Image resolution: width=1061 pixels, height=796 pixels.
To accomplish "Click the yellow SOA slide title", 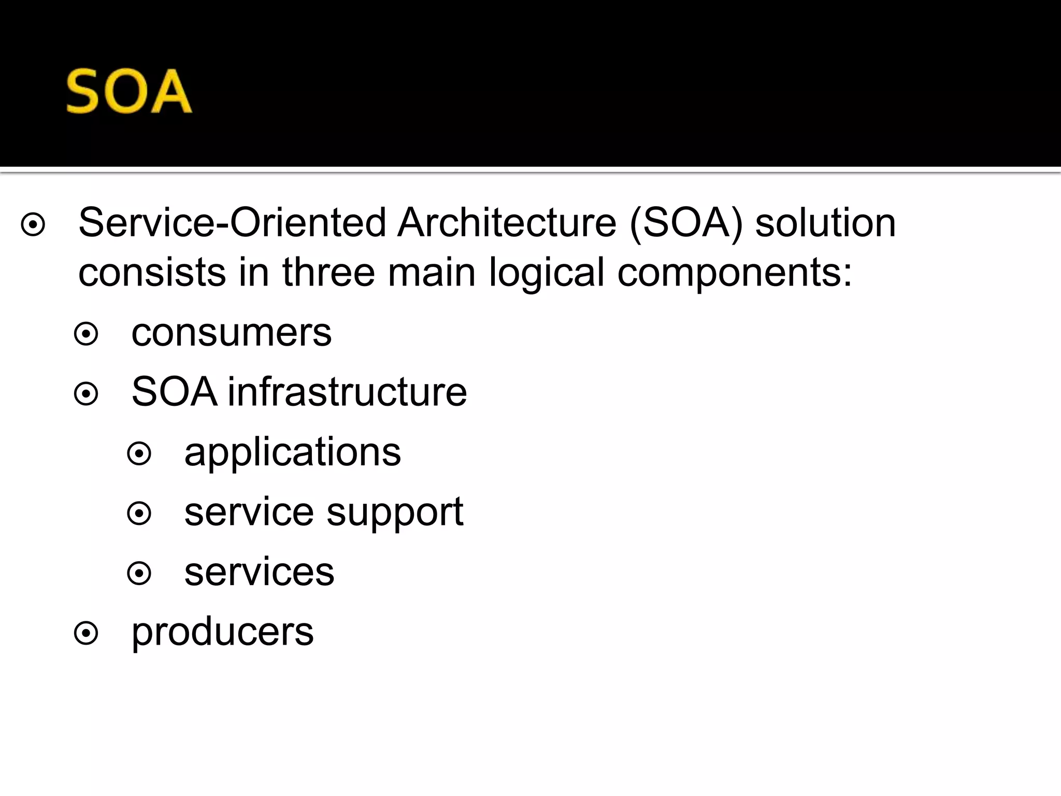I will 129,92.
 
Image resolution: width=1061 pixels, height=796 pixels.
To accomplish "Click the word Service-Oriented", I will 232,223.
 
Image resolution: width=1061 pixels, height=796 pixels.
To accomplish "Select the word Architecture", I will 507,223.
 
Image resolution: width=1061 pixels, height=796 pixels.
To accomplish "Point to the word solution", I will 825,223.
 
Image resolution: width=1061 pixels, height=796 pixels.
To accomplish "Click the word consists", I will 152,273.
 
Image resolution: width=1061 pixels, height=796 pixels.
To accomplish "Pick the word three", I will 328,273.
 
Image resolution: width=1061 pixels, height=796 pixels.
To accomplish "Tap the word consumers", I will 231,333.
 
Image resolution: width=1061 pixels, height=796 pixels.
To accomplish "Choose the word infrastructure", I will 347,392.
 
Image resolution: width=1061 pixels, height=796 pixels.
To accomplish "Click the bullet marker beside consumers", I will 86,334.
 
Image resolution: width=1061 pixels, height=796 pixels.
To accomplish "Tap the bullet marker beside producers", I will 86,633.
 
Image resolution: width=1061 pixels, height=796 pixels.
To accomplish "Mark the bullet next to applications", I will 139,454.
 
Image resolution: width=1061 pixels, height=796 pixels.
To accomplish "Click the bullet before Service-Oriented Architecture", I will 33,225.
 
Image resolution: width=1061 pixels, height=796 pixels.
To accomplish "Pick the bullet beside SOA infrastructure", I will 86,394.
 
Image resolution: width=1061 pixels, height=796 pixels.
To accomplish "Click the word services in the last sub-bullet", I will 259,573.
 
